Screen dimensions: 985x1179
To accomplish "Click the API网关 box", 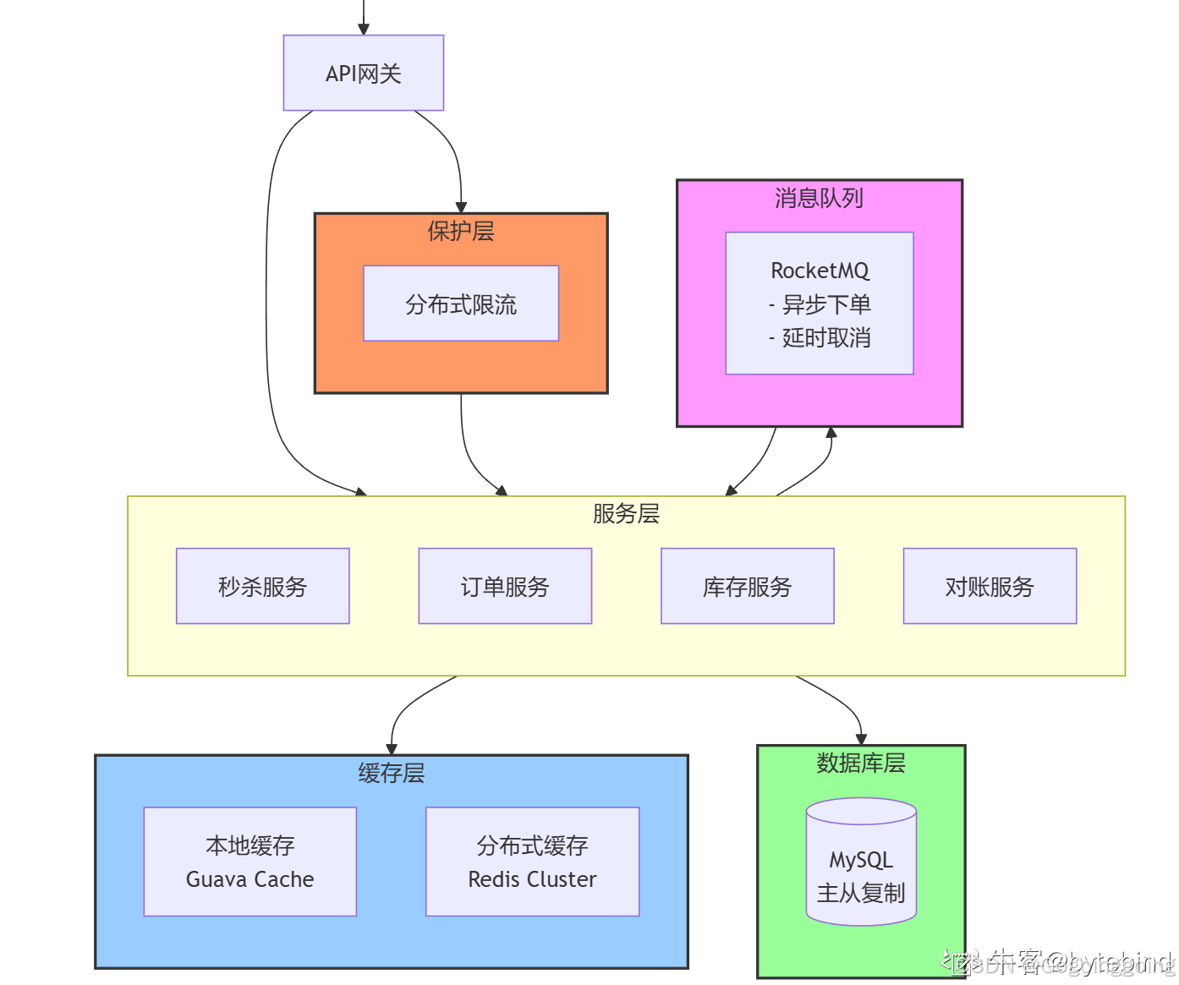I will [363, 74].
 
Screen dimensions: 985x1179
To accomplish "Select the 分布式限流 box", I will [461, 304].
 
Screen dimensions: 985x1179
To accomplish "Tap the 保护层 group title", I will [461, 231].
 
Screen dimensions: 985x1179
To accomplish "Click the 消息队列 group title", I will [819, 198].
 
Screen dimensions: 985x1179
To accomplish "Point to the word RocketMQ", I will [820, 271].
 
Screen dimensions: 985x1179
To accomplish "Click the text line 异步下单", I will [820, 304].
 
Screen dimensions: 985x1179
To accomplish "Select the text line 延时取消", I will [820, 338].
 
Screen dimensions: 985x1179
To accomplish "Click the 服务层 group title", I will [626, 513].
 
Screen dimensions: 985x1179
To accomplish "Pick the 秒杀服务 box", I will [262, 586].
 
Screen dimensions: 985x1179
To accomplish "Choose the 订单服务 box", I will [505, 586].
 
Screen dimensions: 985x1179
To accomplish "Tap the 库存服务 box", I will [747, 586].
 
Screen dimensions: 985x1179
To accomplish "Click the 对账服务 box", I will [990, 586].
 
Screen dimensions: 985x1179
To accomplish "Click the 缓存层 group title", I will [391, 773].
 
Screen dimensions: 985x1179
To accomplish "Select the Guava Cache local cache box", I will [250, 862].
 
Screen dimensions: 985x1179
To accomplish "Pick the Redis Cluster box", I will [532, 862].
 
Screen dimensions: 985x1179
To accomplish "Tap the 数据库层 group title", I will [861, 763].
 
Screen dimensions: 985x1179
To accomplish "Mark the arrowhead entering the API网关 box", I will [364, 30].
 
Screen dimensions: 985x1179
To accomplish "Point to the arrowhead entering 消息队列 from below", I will [831, 433].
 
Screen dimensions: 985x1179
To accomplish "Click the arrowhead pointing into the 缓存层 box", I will [392, 748].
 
